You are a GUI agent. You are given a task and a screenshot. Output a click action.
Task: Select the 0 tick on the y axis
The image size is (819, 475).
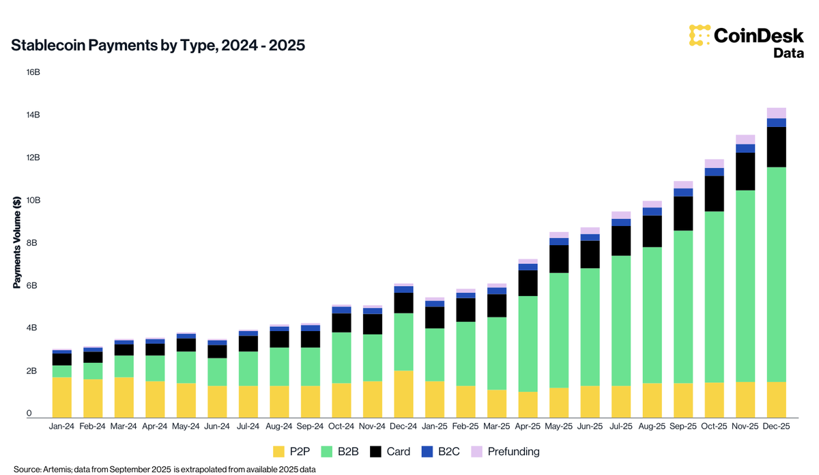(x=29, y=414)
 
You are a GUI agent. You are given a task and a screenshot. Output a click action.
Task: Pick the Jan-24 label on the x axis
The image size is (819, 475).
(x=62, y=427)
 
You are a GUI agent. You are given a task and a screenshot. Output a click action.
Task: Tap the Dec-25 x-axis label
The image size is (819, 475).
(x=776, y=427)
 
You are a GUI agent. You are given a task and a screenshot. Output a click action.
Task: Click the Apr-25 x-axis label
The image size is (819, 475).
(x=528, y=427)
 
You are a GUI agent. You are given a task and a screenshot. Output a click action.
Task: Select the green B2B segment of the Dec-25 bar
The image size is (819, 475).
(x=776, y=273)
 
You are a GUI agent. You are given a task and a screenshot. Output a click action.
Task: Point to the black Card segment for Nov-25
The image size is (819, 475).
(x=745, y=171)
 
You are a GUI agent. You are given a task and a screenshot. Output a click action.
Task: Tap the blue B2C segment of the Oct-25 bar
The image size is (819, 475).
(x=714, y=172)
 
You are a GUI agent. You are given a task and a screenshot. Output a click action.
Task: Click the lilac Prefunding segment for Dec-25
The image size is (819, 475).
(x=776, y=113)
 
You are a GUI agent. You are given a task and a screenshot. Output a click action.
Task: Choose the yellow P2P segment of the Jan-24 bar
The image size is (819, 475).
(x=62, y=397)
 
